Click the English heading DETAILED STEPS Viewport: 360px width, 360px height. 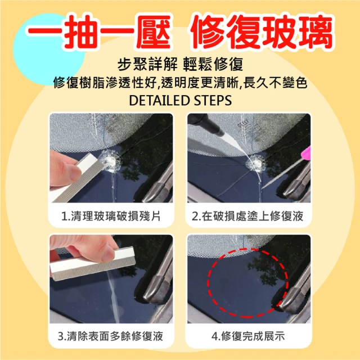tap(180, 100)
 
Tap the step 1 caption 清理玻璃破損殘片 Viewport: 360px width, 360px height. tap(111, 216)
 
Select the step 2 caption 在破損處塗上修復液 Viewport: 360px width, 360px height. tap(247, 216)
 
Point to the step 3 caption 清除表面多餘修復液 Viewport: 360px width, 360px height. tap(110, 336)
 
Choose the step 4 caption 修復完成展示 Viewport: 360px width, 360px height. tap(248, 336)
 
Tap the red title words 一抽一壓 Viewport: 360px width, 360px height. tap(99, 31)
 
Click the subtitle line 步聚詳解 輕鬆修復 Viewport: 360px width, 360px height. tap(180, 64)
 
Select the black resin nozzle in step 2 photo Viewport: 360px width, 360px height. tap(206, 124)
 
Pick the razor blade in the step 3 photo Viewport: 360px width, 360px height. tap(92, 264)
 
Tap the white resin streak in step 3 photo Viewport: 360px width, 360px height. tap(114, 296)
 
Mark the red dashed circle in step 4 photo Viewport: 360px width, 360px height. tap(208, 282)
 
